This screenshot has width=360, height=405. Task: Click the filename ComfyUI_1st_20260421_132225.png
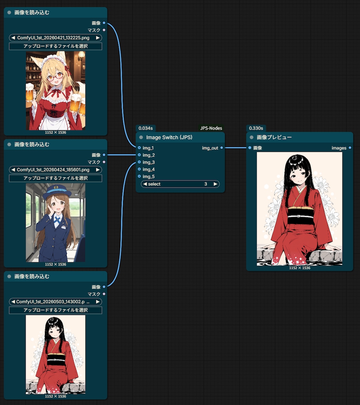[x=53, y=38]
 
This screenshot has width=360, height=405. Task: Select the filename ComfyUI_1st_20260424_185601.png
[x=53, y=170]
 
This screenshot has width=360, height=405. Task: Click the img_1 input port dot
[x=139, y=148]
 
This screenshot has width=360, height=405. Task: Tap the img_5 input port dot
[x=139, y=176]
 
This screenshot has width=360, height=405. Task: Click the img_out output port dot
[x=222, y=148]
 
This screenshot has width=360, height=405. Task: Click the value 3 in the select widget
[x=206, y=184]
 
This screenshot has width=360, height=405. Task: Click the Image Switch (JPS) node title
[x=169, y=138]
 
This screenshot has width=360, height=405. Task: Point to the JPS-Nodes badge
[x=211, y=128]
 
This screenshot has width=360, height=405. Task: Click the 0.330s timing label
[x=256, y=128]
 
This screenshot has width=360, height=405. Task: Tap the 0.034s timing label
[x=146, y=128]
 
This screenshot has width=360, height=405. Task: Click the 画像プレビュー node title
[x=274, y=138]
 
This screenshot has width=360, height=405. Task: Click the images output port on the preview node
[x=350, y=148]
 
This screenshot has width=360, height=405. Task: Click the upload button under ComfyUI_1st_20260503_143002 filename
[x=56, y=310]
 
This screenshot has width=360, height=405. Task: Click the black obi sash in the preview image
[x=301, y=216]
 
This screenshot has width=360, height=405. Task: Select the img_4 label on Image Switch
[x=149, y=169]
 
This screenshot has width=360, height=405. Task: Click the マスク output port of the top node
[x=104, y=30]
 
